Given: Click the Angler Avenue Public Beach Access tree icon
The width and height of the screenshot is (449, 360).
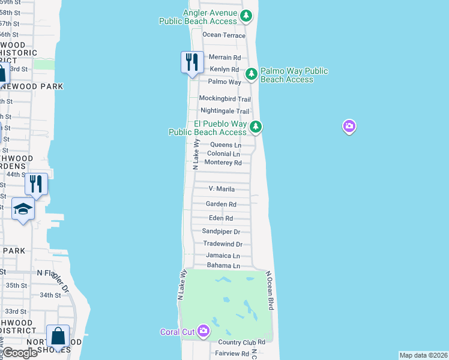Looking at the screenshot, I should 246,16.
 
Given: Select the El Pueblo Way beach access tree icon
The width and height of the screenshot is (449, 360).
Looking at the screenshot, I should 256,126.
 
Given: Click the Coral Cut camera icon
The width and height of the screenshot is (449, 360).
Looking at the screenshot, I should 203,330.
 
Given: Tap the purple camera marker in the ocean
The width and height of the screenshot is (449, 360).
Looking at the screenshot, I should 349,126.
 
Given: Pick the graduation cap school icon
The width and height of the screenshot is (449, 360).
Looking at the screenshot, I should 23,209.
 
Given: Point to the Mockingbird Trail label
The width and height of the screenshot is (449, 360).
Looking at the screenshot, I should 224,99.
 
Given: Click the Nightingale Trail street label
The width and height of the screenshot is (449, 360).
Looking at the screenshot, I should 224,111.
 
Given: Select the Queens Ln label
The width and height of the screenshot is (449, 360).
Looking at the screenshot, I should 226,145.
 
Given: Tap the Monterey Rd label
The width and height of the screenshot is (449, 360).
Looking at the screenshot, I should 223,163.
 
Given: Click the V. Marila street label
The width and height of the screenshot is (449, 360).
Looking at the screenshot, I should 221,189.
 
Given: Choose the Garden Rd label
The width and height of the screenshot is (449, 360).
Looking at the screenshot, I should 221,204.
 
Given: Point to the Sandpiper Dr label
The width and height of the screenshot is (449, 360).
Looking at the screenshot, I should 221,232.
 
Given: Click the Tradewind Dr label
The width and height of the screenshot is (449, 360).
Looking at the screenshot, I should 222,244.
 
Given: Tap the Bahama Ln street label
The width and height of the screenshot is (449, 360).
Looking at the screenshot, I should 223,266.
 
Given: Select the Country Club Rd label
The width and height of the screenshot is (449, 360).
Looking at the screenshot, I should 242,342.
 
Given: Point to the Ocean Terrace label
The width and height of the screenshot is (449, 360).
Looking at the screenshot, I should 224,35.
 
